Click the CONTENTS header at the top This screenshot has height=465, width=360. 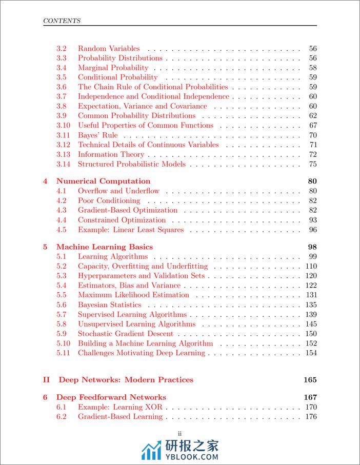[x=62, y=21]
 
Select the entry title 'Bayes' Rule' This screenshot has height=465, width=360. [x=97, y=135]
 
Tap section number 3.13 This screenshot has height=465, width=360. [x=63, y=154]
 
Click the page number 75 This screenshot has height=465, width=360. [x=313, y=164]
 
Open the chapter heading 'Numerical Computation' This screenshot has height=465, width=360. [x=103, y=181]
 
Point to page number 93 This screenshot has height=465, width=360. [x=313, y=220]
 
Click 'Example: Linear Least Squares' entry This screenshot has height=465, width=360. [x=131, y=230]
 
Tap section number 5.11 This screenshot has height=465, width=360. [x=63, y=353]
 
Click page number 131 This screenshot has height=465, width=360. [x=311, y=295]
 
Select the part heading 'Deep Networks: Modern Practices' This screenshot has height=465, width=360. [x=126, y=380]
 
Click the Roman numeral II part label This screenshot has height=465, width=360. [x=46, y=380]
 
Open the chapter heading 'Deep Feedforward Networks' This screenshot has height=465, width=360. [x=111, y=397]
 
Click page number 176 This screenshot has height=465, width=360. [x=311, y=417]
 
